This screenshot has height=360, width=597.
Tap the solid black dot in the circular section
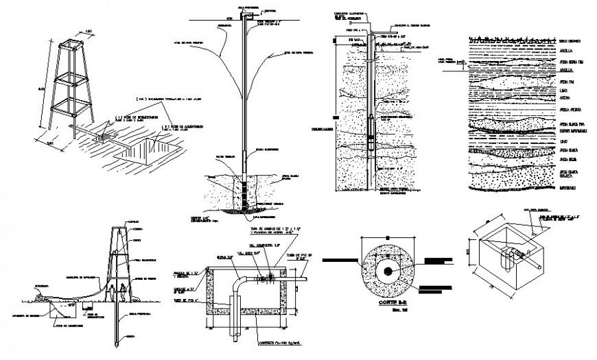(x=388, y=271)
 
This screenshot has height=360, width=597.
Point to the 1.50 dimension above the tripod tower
(x=88, y=30)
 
